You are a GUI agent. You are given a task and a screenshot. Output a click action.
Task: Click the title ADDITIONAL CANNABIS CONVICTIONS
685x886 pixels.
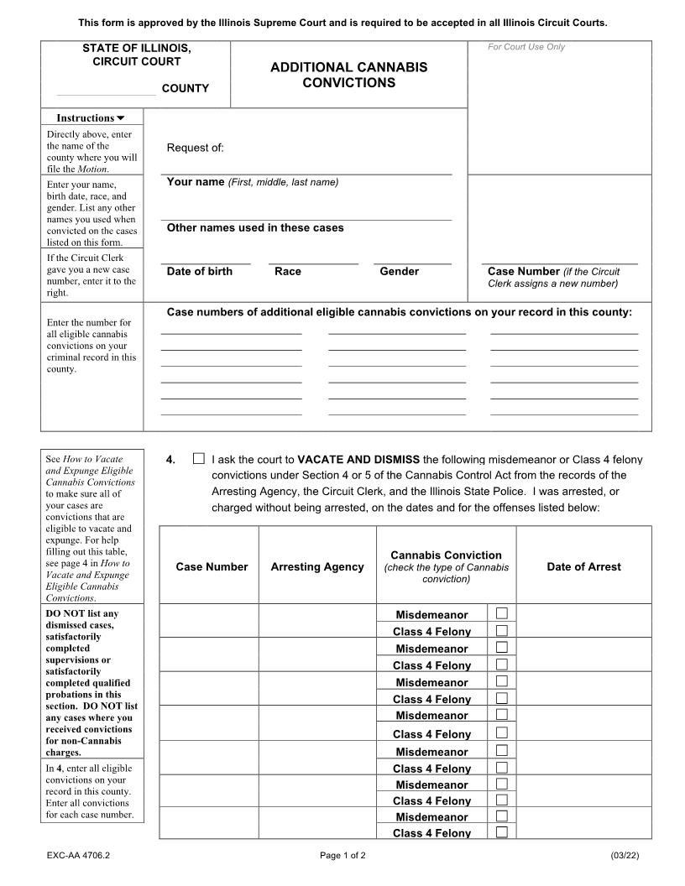pyautogui.click(x=348, y=75)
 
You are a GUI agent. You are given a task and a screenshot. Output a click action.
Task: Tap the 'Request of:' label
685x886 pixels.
pyautogui.click(x=195, y=149)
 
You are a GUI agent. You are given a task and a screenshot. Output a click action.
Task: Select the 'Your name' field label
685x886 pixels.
pyautogui.click(x=195, y=182)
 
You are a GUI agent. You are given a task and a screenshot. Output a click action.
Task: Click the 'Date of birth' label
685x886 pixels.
pyautogui.click(x=199, y=271)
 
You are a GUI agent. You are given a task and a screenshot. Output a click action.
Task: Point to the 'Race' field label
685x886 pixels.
pyautogui.click(x=287, y=271)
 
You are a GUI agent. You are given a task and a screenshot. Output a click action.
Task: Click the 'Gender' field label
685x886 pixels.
pyautogui.click(x=399, y=271)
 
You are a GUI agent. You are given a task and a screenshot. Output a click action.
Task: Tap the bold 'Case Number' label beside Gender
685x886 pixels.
pyautogui.click(x=523, y=271)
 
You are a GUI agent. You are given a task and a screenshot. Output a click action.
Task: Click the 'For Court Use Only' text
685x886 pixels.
pyautogui.click(x=526, y=47)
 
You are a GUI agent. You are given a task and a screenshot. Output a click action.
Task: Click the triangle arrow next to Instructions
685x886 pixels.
pyautogui.click(x=120, y=118)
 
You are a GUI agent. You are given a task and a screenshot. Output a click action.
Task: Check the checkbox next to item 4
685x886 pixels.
pyautogui.click(x=198, y=459)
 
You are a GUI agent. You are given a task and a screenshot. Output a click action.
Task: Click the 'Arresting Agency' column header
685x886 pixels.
pyautogui.click(x=317, y=567)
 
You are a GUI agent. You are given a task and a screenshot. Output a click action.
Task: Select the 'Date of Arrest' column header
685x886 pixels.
pyautogui.click(x=583, y=567)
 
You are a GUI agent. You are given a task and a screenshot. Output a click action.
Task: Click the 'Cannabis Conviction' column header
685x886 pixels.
pyautogui.click(x=446, y=555)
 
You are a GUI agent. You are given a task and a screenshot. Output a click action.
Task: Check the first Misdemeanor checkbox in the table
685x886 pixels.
pyautogui.click(x=501, y=614)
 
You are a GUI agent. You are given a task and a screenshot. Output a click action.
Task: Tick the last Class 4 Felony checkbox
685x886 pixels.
pyautogui.click(x=501, y=832)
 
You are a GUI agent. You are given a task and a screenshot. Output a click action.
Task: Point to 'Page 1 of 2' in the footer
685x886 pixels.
pyautogui.click(x=342, y=856)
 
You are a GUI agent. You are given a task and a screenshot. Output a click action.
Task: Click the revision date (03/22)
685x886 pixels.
pyautogui.click(x=625, y=856)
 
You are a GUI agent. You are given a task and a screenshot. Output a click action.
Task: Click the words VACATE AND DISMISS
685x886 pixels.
pyautogui.click(x=358, y=460)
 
